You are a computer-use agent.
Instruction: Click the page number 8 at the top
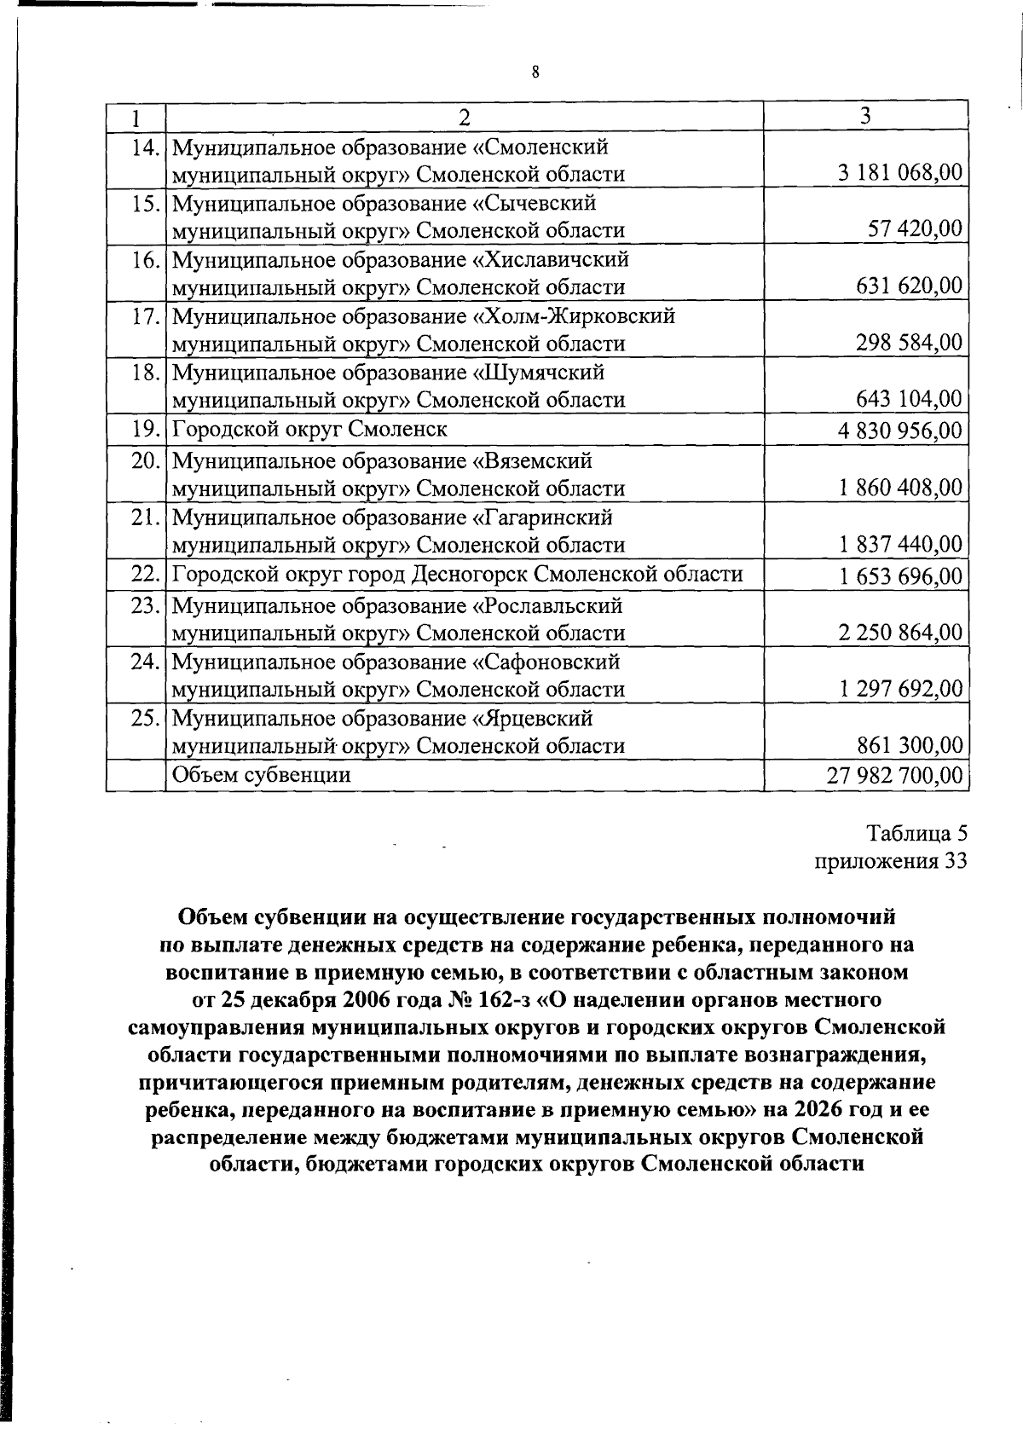tap(535, 72)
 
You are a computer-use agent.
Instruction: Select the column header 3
tap(865, 116)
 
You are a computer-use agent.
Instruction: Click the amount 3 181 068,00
tap(900, 173)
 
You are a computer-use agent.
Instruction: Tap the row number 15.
tap(147, 204)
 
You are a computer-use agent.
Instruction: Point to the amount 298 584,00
tap(909, 343)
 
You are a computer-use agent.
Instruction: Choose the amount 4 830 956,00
tap(900, 431)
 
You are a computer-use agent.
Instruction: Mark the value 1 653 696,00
tap(900, 576)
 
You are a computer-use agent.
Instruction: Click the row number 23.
tap(147, 606)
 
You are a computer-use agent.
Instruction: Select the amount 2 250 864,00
tap(900, 633)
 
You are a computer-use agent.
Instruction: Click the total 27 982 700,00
tap(895, 775)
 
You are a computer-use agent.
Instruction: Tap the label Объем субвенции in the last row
tap(262, 775)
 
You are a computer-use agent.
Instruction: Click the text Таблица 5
tap(917, 833)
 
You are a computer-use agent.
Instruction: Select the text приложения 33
tap(891, 861)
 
